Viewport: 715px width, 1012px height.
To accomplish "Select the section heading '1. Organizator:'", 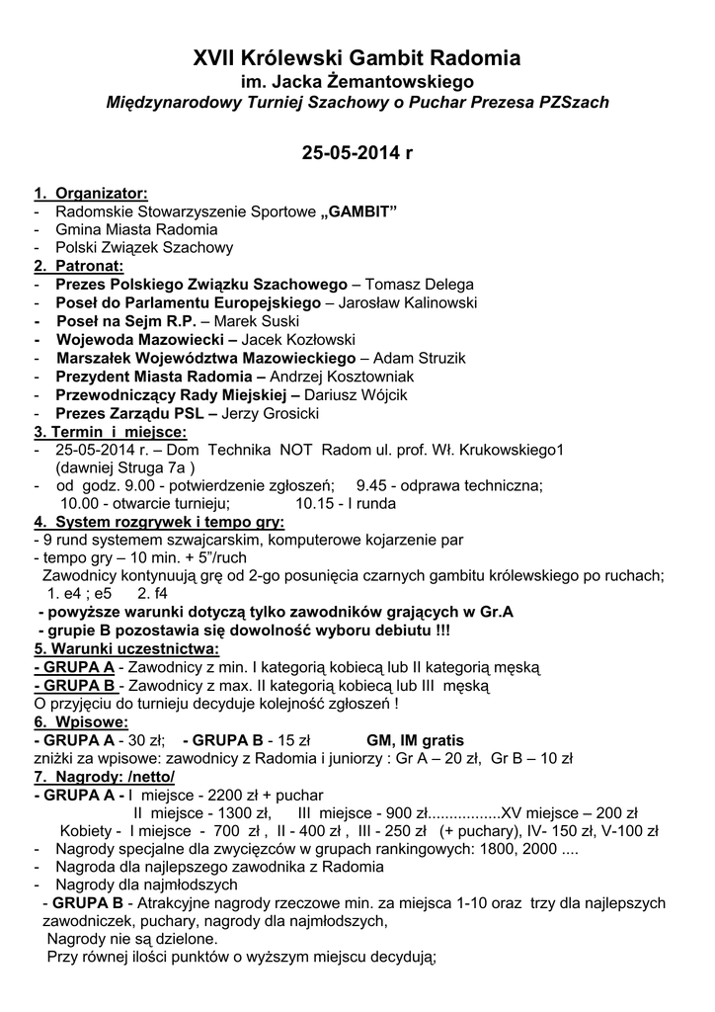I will click(91, 192).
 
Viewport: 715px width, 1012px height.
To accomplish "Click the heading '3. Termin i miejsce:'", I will click(110, 432).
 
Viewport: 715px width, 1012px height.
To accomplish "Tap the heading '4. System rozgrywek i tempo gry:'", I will click(159, 522).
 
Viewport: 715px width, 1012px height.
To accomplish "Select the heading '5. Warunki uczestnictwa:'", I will click(126, 649).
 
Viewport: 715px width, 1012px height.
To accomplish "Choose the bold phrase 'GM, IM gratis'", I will click(415, 740).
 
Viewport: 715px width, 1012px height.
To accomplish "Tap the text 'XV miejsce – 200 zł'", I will click(571, 812).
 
